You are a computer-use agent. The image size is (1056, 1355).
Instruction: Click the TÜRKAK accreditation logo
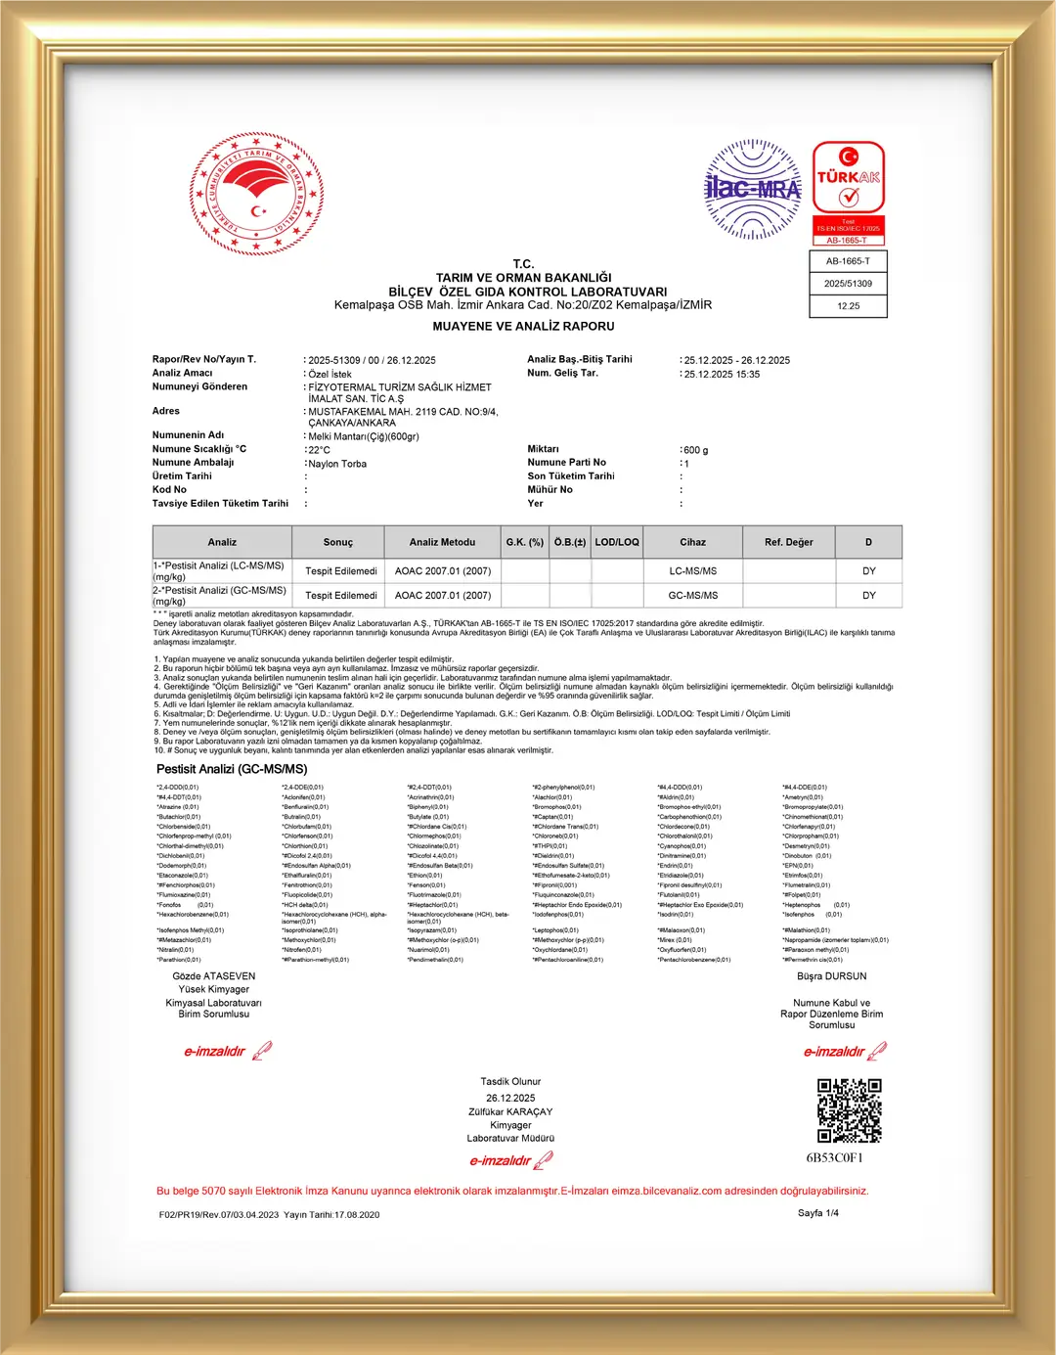849,192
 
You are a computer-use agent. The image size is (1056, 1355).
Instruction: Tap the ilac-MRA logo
752,189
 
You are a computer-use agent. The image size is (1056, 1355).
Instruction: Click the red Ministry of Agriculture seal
256,195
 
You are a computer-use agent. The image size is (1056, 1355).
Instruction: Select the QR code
849,1110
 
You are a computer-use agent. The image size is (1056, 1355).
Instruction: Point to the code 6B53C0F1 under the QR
834,1158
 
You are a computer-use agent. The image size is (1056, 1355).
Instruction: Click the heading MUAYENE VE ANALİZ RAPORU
523,326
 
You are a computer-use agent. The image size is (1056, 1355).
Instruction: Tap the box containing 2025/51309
848,284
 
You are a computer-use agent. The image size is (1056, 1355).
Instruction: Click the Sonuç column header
337,542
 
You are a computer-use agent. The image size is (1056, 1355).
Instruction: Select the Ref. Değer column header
788,542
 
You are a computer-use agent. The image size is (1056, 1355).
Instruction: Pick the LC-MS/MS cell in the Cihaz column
692,570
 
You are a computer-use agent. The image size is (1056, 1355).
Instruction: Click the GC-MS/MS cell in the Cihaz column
692,595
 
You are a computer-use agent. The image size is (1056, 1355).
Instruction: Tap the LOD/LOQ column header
617,542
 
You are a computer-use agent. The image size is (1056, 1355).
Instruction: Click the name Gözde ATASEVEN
213,976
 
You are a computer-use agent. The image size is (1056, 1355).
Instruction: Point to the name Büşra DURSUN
831,976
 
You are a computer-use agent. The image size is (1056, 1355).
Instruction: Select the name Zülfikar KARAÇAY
510,1111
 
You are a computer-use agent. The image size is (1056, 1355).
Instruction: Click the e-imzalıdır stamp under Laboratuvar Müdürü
510,1161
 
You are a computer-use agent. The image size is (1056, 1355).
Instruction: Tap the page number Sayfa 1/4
817,1213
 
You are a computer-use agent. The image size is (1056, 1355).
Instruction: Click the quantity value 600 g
695,450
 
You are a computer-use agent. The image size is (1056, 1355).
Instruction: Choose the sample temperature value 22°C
319,450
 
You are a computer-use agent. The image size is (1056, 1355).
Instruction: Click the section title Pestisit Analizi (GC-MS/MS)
232,769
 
